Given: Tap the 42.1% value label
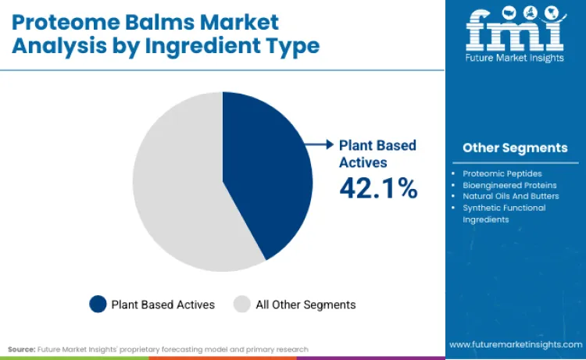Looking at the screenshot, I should point(378,188).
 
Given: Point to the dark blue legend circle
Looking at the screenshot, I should point(98,305).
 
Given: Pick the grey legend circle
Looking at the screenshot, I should point(242,305).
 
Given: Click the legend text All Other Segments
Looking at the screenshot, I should point(306,305).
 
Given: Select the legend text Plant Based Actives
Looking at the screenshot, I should point(163,305).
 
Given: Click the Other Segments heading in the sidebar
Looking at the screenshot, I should point(515,148).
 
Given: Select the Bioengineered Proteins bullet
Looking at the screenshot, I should point(509,185).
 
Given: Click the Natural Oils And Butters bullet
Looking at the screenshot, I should point(510,196).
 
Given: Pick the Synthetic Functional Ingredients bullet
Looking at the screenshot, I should point(504,213).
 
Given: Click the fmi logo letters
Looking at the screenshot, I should point(514,30).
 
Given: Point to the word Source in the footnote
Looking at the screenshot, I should point(21,349).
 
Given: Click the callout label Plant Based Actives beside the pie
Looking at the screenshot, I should point(377,153).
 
